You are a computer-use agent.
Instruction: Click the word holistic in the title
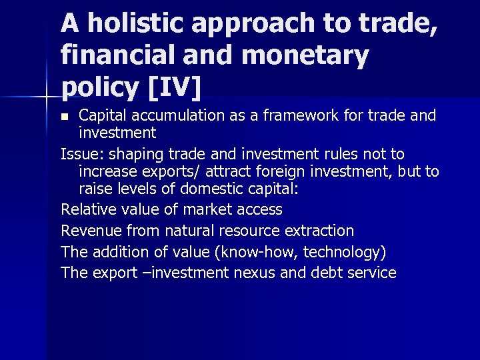click(x=131, y=24)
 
